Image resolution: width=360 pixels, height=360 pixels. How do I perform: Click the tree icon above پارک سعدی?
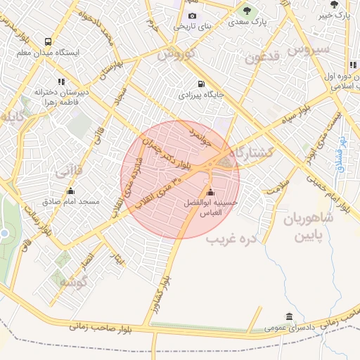(x=247, y=10)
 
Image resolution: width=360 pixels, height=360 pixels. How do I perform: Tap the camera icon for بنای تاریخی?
(x=193, y=16)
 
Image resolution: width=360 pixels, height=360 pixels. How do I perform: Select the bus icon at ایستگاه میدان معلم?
(x=48, y=41)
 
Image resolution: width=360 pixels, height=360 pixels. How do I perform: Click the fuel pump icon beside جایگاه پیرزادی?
(x=201, y=82)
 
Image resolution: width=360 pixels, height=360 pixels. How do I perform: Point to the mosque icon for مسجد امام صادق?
(x=70, y=191)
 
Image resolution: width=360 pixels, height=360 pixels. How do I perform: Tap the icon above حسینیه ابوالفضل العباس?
(x=210, y=193)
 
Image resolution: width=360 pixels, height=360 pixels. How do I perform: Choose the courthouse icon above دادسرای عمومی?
(x=290, y=316)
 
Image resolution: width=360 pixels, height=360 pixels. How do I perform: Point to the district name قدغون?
(x=263, y=56)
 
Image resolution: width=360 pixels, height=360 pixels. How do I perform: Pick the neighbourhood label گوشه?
(x=72, y=283)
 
